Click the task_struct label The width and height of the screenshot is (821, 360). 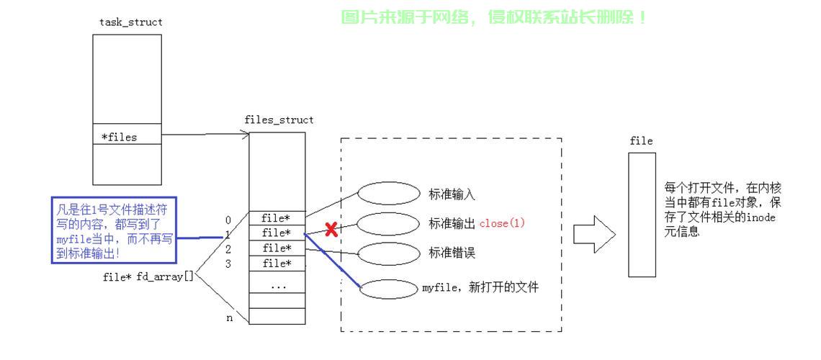pos(131,22)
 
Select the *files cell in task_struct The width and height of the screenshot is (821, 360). pos(127,137)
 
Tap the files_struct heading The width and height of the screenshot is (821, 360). pos(279,120)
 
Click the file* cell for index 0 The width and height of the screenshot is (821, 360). pos(277,218)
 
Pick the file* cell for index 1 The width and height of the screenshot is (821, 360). pos(277,233)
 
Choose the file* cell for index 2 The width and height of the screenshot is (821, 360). pos(277,248)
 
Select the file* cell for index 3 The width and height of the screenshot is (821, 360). pos(277,264)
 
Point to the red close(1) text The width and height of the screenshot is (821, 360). pos(502,223)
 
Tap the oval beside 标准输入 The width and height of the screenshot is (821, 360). pos(389,194)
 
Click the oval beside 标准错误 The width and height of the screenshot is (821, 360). pos(389,253)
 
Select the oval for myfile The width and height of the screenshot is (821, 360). pos(389,289)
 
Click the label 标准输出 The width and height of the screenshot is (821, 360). pos(452,224)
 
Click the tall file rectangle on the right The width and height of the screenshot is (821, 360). pos(642,214)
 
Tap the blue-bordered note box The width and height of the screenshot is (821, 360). pos(114,230)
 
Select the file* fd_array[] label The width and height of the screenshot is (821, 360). pos(148,276)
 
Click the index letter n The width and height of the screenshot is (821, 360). pos(230,318)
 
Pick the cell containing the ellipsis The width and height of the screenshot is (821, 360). pos(277,285)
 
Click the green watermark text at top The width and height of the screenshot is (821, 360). pos(494,17)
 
